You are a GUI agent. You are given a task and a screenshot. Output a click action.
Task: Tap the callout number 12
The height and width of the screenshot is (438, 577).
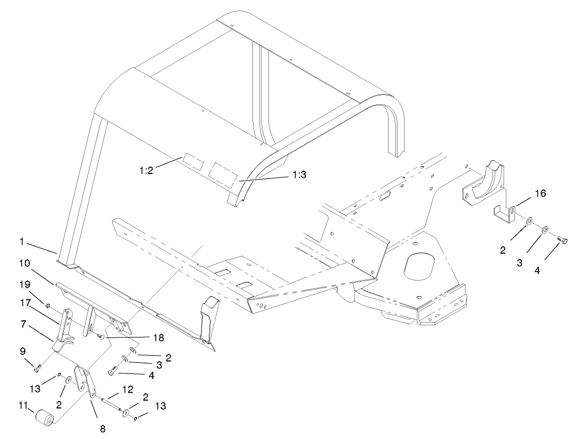pos(128,390)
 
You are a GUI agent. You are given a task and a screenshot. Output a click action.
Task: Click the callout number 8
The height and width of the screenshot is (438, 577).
pos(103,428)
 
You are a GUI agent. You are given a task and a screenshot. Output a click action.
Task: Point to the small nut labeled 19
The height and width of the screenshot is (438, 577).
pos(49,304)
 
